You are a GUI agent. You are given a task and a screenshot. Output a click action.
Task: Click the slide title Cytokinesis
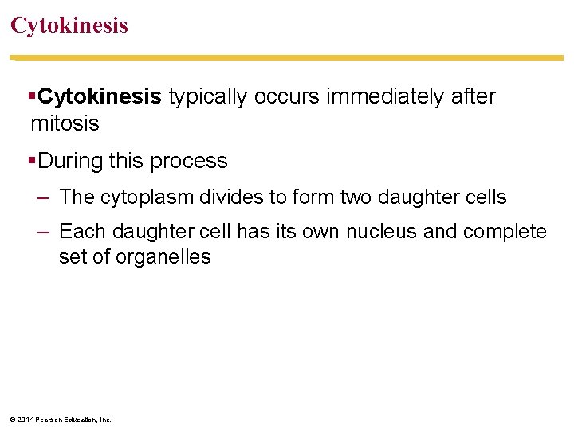click(x=69, y=25)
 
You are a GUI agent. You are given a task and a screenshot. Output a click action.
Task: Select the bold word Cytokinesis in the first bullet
click(x=100, y=97)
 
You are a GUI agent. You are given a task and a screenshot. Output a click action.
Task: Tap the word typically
click(x=207, y=97)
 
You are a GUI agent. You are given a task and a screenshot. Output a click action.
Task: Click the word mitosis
click(x=65, y=123)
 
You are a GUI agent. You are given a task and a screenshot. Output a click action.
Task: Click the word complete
click(x=505, y=232)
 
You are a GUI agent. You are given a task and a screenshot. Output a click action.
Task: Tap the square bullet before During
click(x=32, y=161)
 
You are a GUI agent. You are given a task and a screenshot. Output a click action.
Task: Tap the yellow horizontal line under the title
click(x=287, y=57)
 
